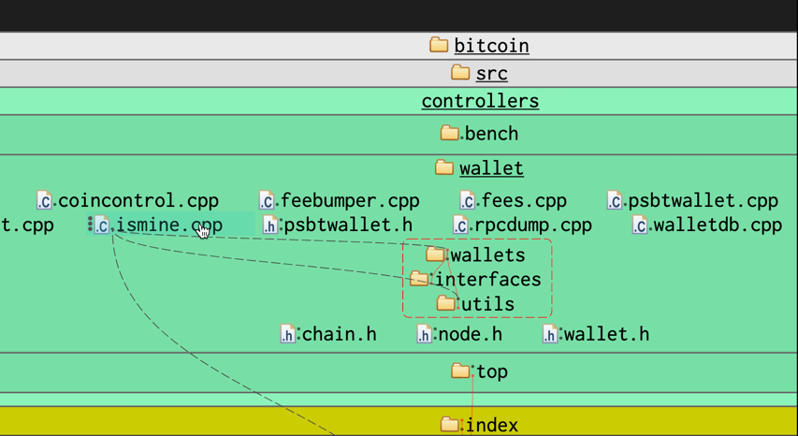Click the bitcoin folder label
(x=491, y=46)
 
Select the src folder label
(x=491, y=73)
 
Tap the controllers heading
(x=480, y=101)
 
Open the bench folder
(x=490, y=134)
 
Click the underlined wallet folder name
(x=491, y=168)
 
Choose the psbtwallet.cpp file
(x=703, y=200)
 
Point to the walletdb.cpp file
(x=717, y=225)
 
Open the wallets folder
(x=486, y=255)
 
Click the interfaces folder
(x=486, y=280)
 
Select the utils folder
(x=486, y=304)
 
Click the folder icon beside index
(x=450, y=425)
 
